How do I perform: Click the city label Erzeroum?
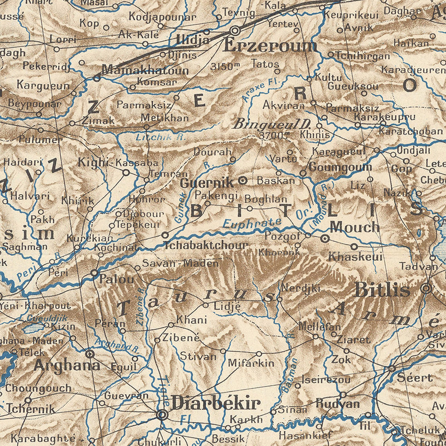pos(270,46)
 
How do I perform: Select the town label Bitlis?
pos(382,289)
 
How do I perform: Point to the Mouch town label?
pos(354,227)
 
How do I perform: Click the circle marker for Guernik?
pos(242,181)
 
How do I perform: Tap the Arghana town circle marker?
pos(90,354)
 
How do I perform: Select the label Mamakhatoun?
pos(145,70)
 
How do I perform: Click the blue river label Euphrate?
pos(251,223)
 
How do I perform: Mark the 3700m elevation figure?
pos(274,135)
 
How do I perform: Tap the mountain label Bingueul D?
pos(272,123)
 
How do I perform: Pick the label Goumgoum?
pos(340,167)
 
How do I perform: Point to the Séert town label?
pos(415,377)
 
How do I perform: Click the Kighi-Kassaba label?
pos(118,162)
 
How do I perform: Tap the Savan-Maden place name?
pos(180,263)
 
